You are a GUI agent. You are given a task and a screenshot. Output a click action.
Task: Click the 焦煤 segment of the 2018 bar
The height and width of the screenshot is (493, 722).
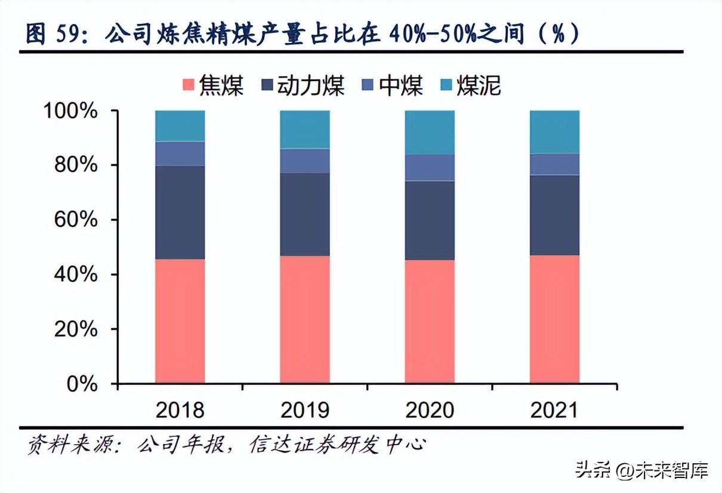point(180,321)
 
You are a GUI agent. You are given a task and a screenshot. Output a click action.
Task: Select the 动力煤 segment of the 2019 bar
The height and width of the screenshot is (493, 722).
point(305,214)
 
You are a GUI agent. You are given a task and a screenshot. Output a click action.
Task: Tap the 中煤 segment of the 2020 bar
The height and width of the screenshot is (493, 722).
point(430,168)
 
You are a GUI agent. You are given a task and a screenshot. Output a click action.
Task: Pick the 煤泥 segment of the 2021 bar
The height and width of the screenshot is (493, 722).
point(554,132)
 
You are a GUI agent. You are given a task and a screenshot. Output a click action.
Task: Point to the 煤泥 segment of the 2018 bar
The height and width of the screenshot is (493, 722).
point(180,126)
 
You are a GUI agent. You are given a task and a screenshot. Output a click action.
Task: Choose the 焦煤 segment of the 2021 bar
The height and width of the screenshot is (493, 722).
point(554,319)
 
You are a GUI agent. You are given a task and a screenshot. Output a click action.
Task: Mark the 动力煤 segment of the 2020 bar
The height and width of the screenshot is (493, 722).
point(430,220)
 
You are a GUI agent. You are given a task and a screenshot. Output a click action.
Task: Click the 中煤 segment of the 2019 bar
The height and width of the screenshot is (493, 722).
point(305,161)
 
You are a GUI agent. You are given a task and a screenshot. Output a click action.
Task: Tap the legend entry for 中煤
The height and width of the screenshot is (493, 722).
point(392,87)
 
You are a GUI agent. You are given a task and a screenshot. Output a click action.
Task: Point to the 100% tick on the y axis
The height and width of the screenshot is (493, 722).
point(70,111)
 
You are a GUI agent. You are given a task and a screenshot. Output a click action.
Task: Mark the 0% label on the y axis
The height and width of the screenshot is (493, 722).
point(81,384)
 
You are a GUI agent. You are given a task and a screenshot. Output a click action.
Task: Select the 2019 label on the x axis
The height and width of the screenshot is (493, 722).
point(305,410)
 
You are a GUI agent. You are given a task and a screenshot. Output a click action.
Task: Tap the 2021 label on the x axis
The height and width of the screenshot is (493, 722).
point(554,410)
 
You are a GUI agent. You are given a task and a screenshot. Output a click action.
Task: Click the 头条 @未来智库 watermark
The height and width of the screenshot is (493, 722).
point(641,471)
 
